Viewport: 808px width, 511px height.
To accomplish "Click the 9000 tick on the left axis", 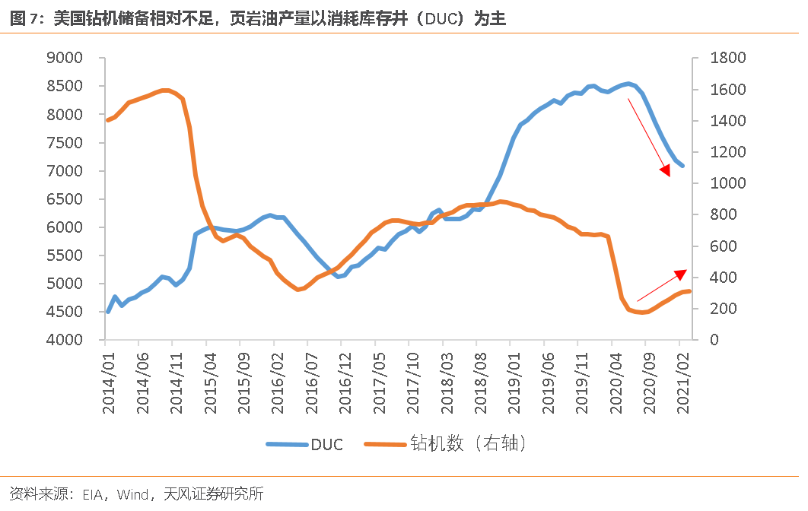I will (x=64, y=58).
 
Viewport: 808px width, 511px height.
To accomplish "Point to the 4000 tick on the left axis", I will (x=64, y=340).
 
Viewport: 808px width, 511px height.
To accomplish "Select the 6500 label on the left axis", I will (x=64, y=199).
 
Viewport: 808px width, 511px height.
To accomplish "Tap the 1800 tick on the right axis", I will (x=727, y=58).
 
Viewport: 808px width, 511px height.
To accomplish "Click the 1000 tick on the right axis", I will (x=727, y=183).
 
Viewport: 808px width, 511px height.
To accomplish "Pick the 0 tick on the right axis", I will (x=714, y=340).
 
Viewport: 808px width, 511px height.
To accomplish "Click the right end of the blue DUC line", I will (x=682, y=165).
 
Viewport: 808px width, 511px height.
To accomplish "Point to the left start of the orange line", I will (x=108, y=120).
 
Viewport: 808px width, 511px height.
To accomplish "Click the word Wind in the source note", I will (x=134, y=494).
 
